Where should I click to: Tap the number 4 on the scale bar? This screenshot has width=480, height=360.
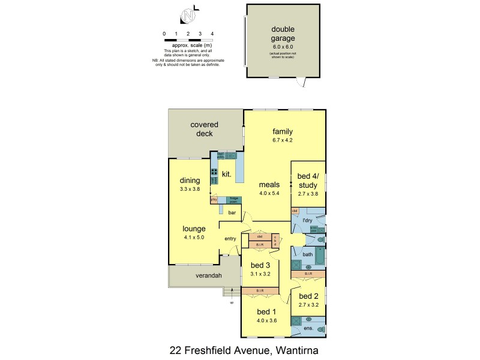[212, 34]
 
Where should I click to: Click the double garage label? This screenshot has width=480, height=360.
[283, 34]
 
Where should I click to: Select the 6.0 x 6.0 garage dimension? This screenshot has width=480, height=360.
[283, 47]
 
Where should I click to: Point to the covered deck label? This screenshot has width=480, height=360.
[205, 129]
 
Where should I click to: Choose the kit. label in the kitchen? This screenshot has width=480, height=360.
[227, 174]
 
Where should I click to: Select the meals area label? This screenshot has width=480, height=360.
[268, 185]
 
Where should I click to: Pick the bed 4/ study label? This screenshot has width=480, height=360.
[308, 181]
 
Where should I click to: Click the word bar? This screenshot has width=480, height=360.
[231, 213]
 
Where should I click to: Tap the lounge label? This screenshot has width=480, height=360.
[194, 229]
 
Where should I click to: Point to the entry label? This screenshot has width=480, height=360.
[230, 239]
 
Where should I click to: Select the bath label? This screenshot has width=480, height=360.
[307, 254]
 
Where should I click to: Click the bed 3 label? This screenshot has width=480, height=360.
[260, 266]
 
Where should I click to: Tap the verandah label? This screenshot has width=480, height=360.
[193, 276]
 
